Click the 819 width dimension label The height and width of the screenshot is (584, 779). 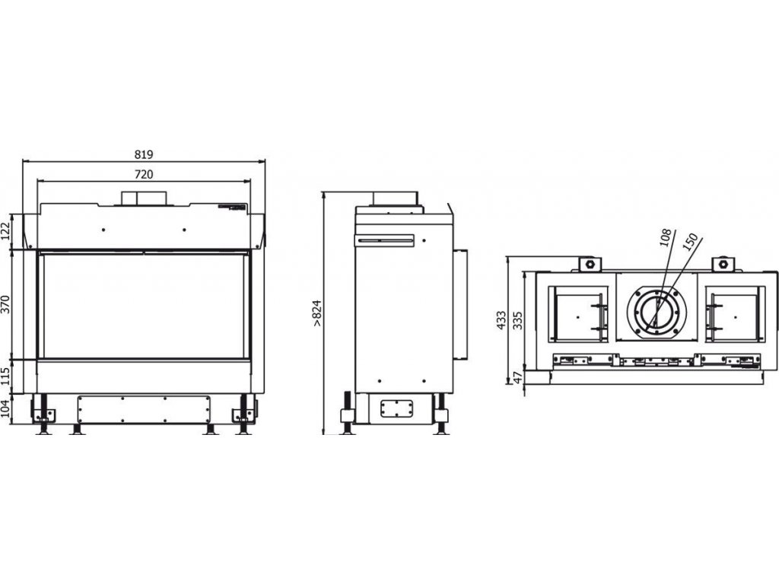[143, 154]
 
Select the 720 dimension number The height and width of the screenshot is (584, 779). [143, 174]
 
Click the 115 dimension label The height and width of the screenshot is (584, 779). [8, 376]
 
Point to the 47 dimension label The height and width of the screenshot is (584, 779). [518, 378]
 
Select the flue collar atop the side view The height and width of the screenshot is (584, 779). [394, 198]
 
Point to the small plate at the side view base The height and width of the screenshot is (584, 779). [394, 408]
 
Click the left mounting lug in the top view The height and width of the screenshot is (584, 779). [587, 264]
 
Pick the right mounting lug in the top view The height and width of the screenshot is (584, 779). [723, 264]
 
